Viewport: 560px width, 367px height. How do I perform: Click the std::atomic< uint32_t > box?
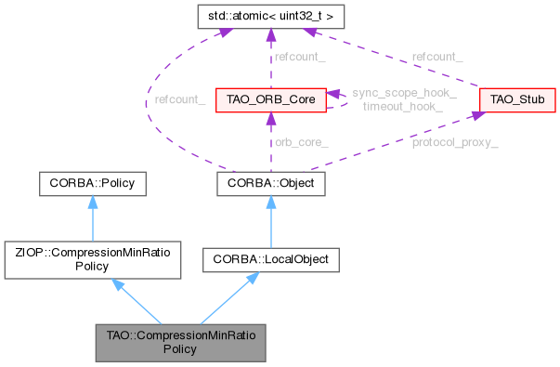tap(269, 17)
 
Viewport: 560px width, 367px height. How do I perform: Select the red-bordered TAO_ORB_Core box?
tap(269, 98)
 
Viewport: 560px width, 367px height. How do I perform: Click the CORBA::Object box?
tap(270, 183)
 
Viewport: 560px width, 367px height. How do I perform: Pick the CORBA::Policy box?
tap(93, 183)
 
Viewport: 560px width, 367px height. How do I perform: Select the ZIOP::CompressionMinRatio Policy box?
tap(93, 258)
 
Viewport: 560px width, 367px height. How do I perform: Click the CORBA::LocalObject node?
tap(270, 259)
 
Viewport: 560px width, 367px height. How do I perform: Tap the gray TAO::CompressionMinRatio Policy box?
tap(182, 341)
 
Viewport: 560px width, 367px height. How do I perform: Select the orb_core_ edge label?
tap(299, 141)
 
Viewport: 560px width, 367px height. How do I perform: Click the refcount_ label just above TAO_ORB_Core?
tap(299, 57)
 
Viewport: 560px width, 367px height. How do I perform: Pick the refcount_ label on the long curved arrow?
tap(180, 98)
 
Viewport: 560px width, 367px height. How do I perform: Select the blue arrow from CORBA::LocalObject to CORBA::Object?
tap(270, 221)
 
